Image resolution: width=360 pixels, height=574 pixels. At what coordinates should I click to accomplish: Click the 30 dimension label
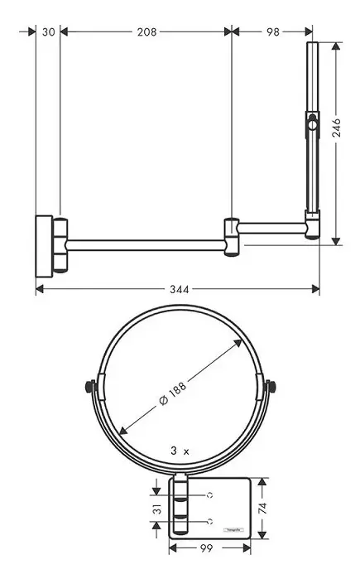[47, 31]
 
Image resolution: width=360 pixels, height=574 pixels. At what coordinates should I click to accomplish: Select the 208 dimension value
[146, 31]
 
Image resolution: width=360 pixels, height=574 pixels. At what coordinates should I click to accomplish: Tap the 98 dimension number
[271, 31]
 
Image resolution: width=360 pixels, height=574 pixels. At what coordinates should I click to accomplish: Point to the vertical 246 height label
[336, 128]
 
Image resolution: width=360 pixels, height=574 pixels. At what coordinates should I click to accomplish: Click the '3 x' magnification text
[180, 451]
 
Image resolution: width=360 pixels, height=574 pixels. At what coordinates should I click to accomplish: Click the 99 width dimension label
[209, 547]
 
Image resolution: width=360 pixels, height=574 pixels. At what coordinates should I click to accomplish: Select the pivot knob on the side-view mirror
[312, 127]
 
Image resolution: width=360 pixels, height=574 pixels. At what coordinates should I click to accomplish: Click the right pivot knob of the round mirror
[271, 386]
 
